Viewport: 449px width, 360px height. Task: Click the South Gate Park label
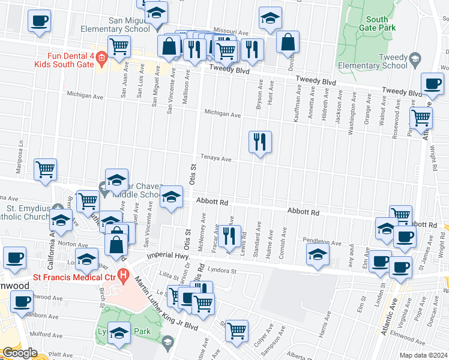pos(378,23)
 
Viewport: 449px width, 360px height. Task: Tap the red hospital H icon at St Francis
pos(124,277)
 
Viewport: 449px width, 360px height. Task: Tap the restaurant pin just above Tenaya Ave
pos(260,143)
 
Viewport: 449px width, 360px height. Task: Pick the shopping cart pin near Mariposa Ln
pos(46,170)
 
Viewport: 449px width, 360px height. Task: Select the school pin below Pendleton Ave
pos(318,254)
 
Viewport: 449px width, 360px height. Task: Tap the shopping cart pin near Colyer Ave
pos(237,329)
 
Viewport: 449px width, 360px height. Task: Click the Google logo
pos(20,353)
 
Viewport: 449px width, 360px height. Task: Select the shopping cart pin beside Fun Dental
pos(119,46)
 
